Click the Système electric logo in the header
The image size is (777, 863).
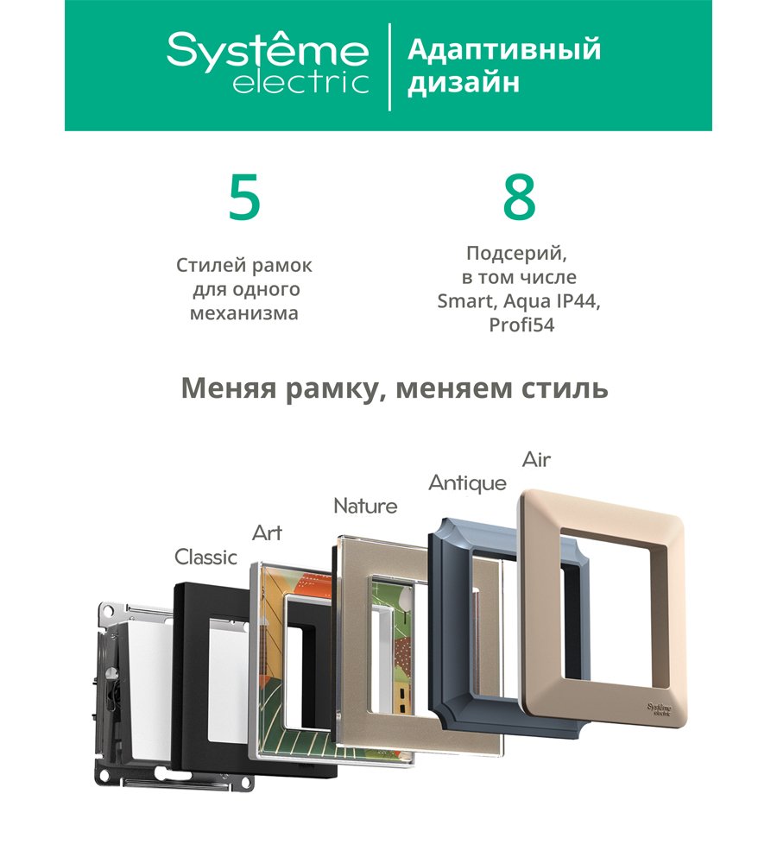[268, 63]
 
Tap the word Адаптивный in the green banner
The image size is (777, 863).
[504, 50]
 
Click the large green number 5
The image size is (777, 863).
[244, 198]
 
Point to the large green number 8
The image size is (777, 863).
[519, 198]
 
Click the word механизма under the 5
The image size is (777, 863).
[244, 313]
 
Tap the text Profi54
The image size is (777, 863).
[521, 325]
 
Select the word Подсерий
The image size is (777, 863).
[516, 254]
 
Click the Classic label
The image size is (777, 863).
[205, 557]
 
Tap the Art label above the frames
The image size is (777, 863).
[267, 532]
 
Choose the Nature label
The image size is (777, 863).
[365, 506]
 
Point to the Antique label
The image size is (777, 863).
[467, 483]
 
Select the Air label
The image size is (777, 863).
[536, 460]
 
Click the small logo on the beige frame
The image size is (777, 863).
[660, 709]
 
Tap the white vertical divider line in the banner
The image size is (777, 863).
[390, 66]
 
